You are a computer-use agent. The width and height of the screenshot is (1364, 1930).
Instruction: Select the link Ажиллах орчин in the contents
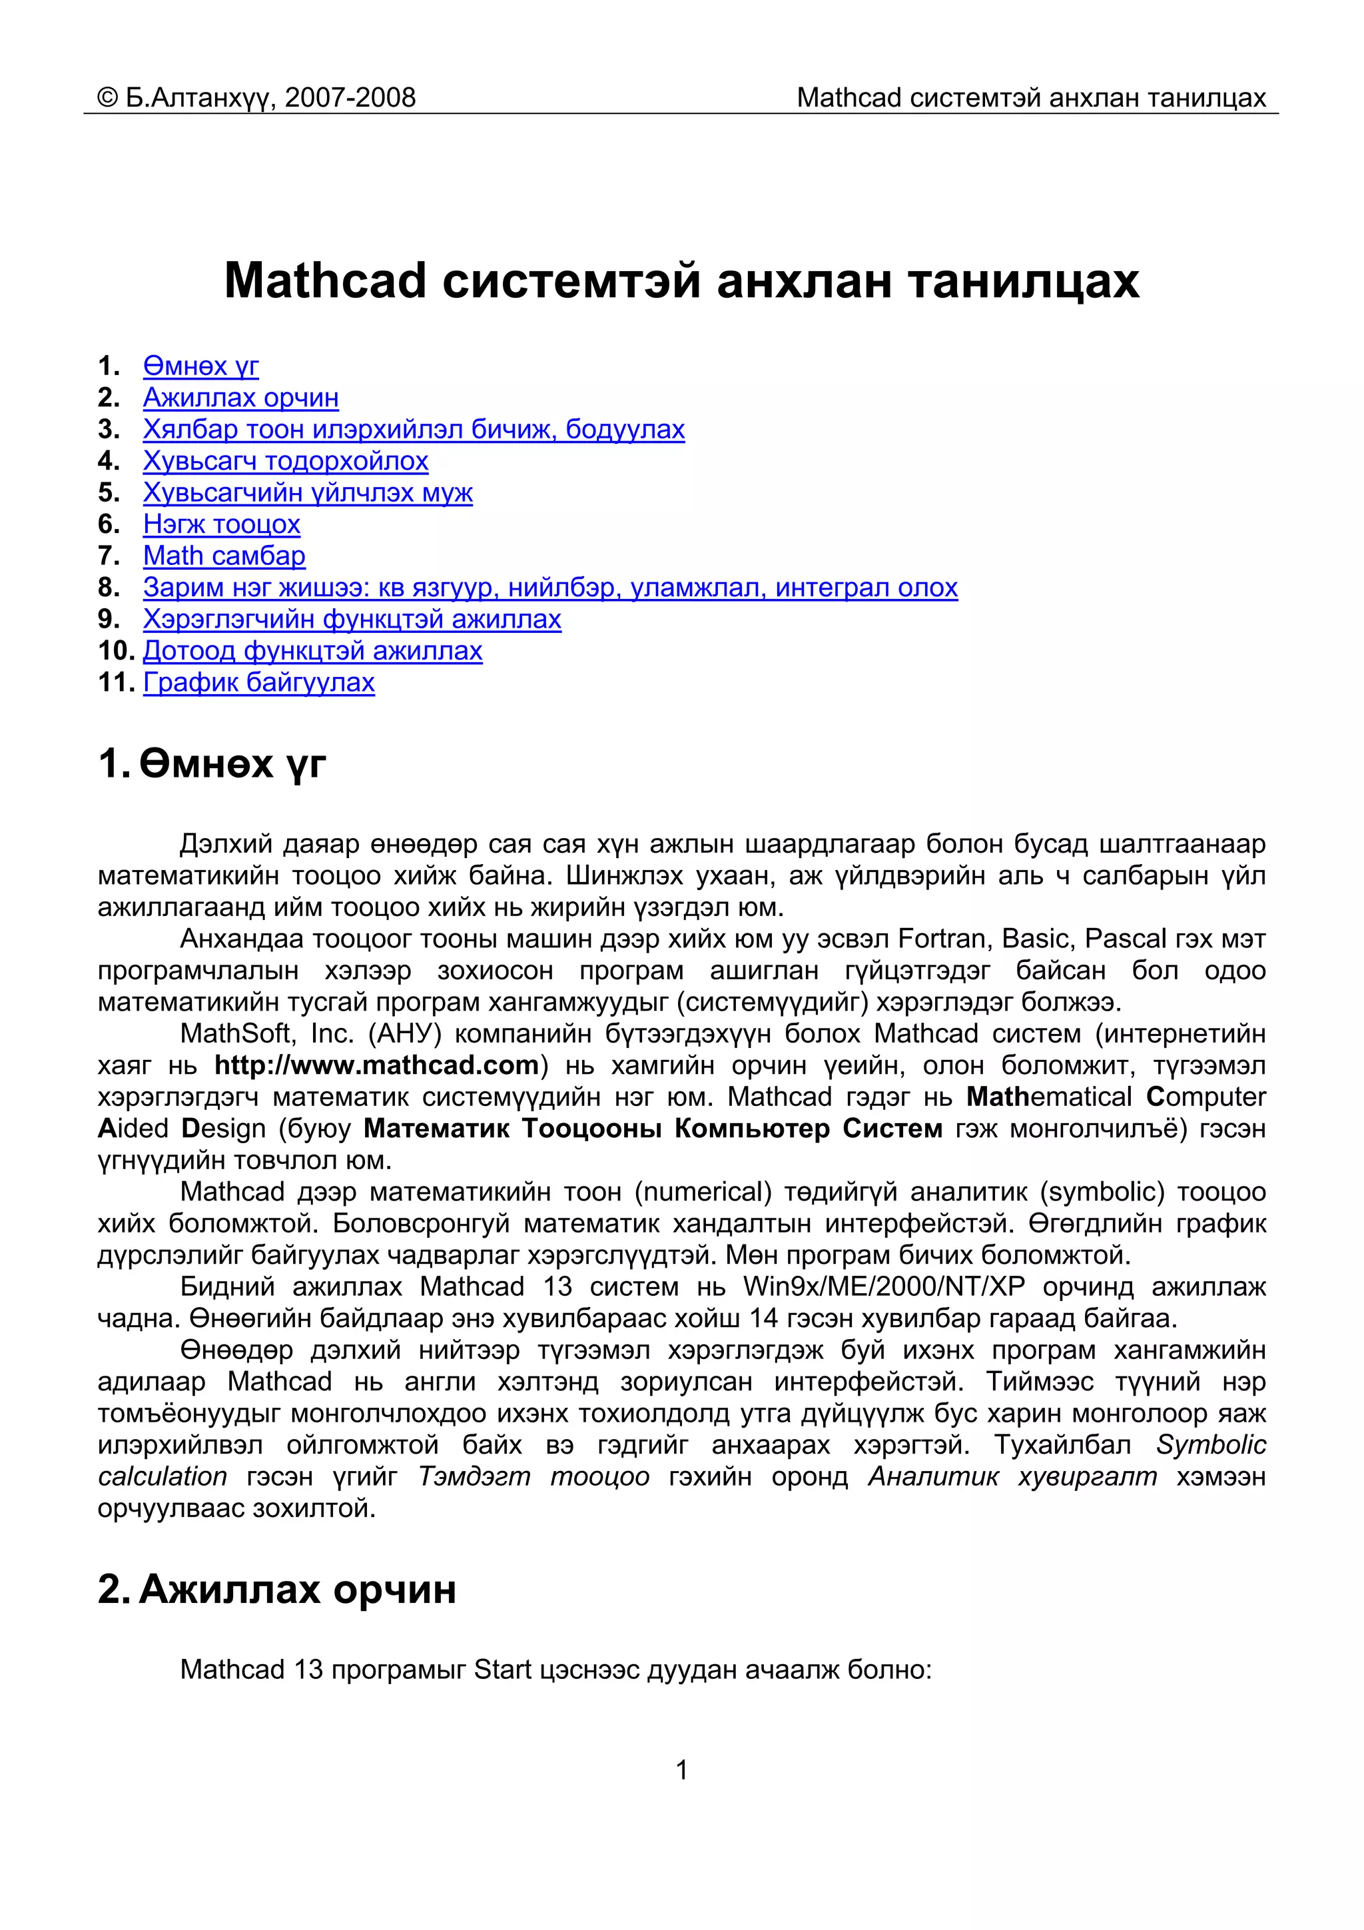point(240,397)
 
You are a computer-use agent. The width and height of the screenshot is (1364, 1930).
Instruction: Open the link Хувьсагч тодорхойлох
point(285,460)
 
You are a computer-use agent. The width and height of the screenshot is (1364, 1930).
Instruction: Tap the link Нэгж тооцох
point(221,524)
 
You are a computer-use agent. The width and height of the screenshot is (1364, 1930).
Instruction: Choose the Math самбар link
point(224,556)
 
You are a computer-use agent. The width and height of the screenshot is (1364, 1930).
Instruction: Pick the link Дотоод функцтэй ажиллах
point(312,651)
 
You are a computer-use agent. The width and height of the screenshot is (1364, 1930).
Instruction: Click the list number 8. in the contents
point(109,587)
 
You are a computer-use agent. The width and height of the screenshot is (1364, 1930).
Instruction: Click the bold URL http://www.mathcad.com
point(376,1065)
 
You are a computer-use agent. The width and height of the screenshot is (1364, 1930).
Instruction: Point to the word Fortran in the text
point(940,938)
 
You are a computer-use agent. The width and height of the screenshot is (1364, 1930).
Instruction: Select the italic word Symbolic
point(1210,1444)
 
